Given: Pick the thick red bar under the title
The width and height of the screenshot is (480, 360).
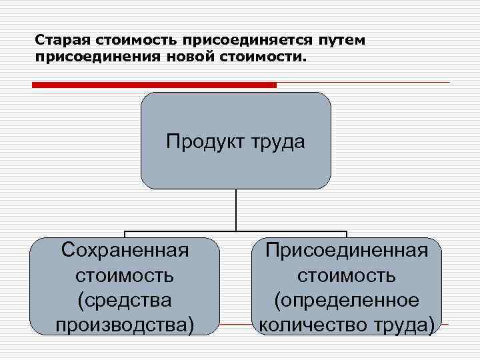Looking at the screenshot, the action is click(x=154, y=85).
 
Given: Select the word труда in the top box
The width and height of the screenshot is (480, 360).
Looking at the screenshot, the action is click(x=279, y=141).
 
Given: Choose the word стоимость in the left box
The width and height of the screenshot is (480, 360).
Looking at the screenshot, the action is click(x=125, y=275).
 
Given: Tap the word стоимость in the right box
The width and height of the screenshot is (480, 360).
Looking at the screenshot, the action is click(x=347, y=275).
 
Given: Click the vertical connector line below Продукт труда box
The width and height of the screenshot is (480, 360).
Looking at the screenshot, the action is click(x=236, y=210).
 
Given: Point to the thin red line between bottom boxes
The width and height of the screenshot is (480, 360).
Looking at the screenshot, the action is click(x=237, y=325).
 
